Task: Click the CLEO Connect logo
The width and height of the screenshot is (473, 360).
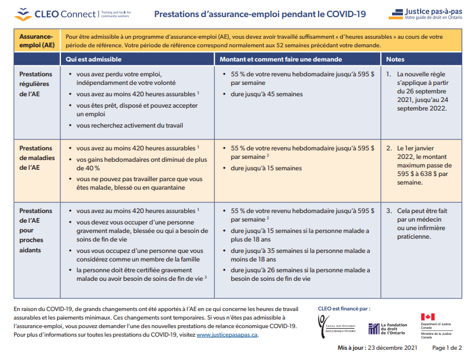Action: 73,14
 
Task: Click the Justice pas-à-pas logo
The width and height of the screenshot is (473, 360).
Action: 425,14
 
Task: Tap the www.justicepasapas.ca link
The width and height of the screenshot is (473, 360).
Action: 227,335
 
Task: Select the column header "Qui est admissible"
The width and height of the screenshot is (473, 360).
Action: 93,59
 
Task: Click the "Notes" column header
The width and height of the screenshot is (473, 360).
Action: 395,59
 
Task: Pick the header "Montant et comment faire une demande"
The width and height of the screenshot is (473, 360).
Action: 281,59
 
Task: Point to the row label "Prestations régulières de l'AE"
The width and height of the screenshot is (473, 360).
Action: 35,84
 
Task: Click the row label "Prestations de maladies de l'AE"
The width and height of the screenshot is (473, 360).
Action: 37,158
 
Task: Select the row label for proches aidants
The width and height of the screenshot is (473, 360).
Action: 35,230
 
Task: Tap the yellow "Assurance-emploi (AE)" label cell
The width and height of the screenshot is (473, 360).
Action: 37,40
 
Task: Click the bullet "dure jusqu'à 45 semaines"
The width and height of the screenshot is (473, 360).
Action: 267,94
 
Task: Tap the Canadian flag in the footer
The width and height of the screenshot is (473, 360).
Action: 428,317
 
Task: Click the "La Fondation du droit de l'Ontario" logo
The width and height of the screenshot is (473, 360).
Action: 388,329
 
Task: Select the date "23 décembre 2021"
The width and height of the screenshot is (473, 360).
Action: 392,347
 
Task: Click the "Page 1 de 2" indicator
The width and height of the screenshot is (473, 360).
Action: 447,347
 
